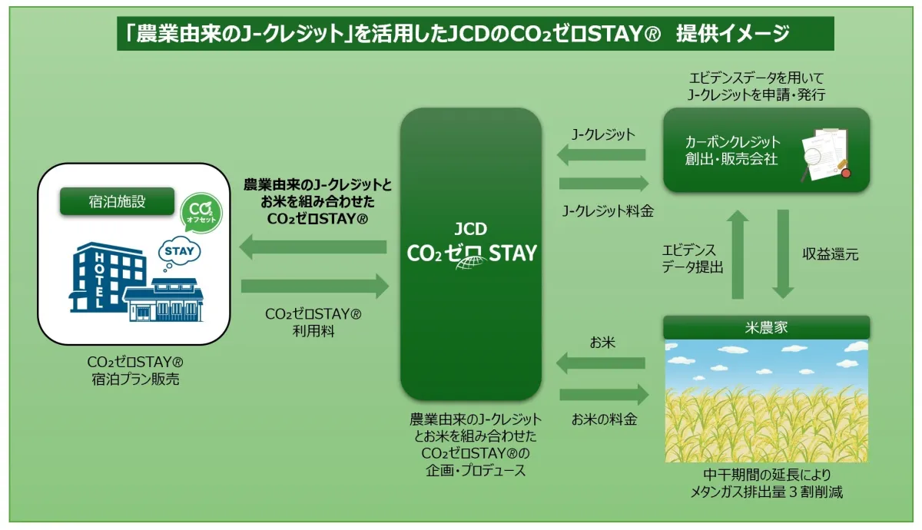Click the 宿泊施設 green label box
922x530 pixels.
(x=118, y=201)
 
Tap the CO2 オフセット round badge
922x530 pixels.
(x=201, y=214)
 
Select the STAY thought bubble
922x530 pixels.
(x=178, y=252)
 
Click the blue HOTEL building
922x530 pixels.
(x=107, y=277)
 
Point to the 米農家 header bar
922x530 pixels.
(x=767, y=327)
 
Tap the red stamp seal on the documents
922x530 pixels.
(x=846, y=174)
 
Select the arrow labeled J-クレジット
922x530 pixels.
(x=601, y=154)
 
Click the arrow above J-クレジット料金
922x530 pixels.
(x=604, y=184)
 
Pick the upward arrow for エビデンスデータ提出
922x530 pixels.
(x=738, y=255)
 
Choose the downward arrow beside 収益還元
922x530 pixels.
(x=783, y=254)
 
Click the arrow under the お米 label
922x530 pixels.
(x=601, y=363)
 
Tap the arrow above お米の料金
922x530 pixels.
(x=604, y=395)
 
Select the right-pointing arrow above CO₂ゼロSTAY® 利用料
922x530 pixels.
(x=315, y=286)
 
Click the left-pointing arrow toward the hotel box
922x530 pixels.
(x=313, y=247)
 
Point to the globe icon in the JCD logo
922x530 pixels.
(x=471, y=263)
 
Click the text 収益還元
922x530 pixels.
(x=831, y=254)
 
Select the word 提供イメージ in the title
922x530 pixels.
(x=733, y=33)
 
